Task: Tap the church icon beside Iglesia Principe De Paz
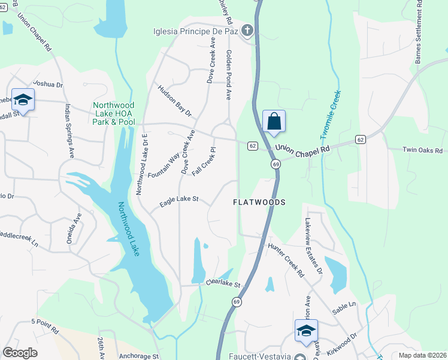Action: [247, 31]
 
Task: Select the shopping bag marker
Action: [274, 121]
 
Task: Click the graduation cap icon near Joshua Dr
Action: [23, 100]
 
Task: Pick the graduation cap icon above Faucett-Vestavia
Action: [306, 331]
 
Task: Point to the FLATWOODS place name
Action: [259, 203]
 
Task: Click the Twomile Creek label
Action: [333, 114]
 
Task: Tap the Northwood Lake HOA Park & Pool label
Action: [114, 113]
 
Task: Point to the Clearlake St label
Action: [222, 284]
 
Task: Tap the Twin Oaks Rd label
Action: [422, 151]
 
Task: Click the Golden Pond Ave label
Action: [229, 75]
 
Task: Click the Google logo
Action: [20, 353]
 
